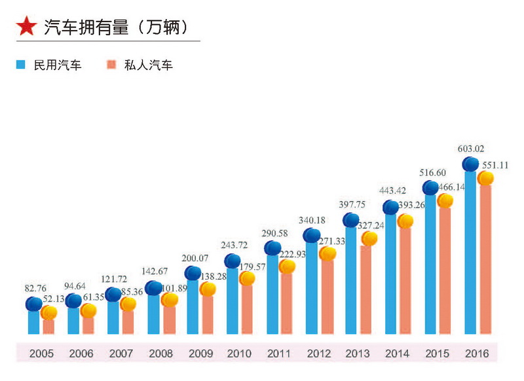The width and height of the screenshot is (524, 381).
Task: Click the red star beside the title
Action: (26, 26)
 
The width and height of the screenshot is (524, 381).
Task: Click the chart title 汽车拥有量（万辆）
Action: (116, 27)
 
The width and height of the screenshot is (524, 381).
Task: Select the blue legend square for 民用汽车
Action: (21, 65)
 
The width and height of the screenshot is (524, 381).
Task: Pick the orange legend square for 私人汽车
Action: (111, 65)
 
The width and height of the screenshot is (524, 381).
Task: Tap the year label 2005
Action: (41, 354)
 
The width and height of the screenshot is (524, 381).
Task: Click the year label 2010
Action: (239, 354)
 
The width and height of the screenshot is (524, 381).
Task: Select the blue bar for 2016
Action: (470, 255)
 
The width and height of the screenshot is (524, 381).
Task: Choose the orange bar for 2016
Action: (485, 262)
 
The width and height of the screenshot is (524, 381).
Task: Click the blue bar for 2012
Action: (312, 288)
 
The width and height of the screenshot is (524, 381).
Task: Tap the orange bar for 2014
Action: (405, 281)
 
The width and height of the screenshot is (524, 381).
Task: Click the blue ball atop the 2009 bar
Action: (193, 273)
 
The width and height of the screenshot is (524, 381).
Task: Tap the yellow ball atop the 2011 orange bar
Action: (287, 266)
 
